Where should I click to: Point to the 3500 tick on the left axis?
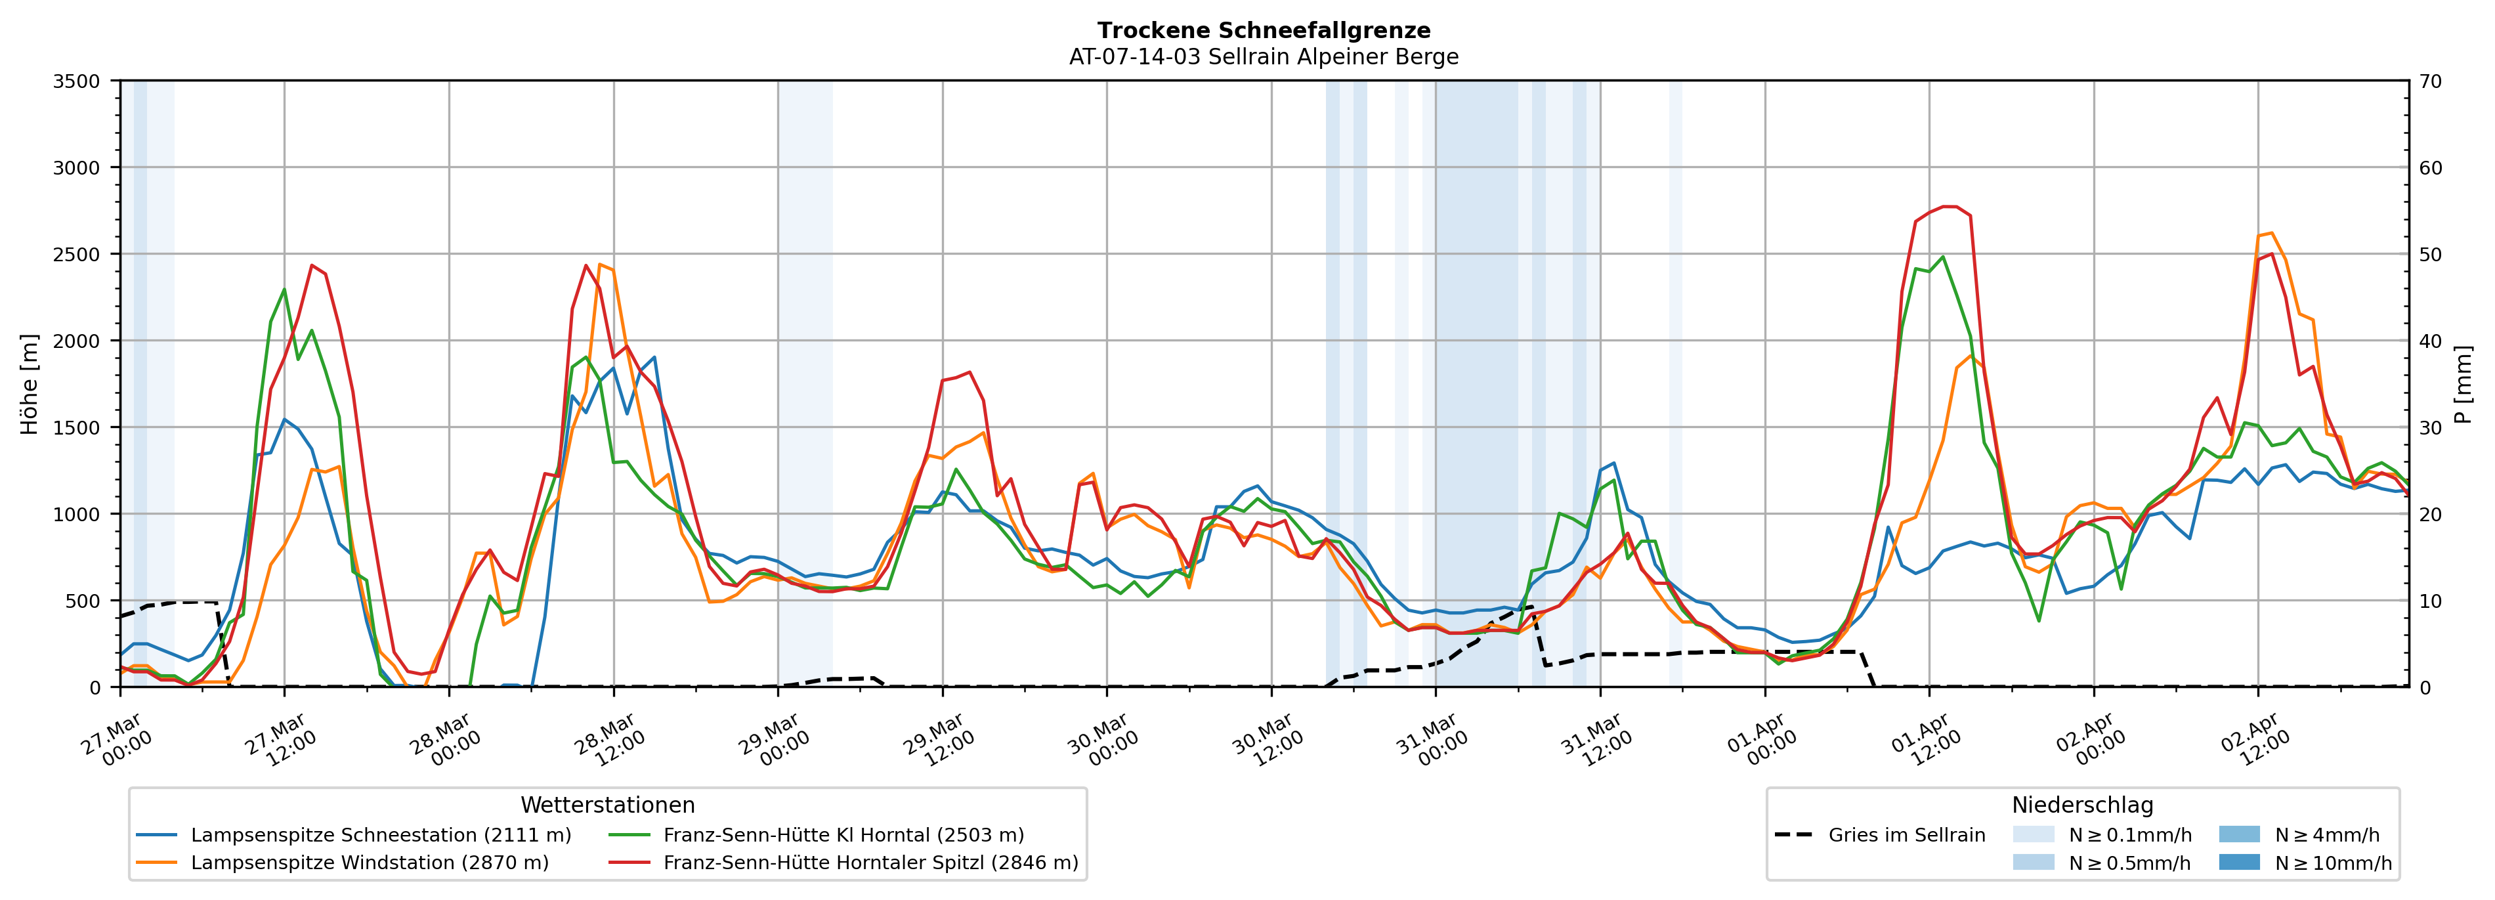pos(77,81)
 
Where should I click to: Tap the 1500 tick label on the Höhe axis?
pos(77,428)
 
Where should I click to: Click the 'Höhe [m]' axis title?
pos(29,383)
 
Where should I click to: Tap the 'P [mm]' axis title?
pos(2463,383)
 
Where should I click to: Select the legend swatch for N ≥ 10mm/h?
pos(2238,862)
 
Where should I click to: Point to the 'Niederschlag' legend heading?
pos(2082,805)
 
